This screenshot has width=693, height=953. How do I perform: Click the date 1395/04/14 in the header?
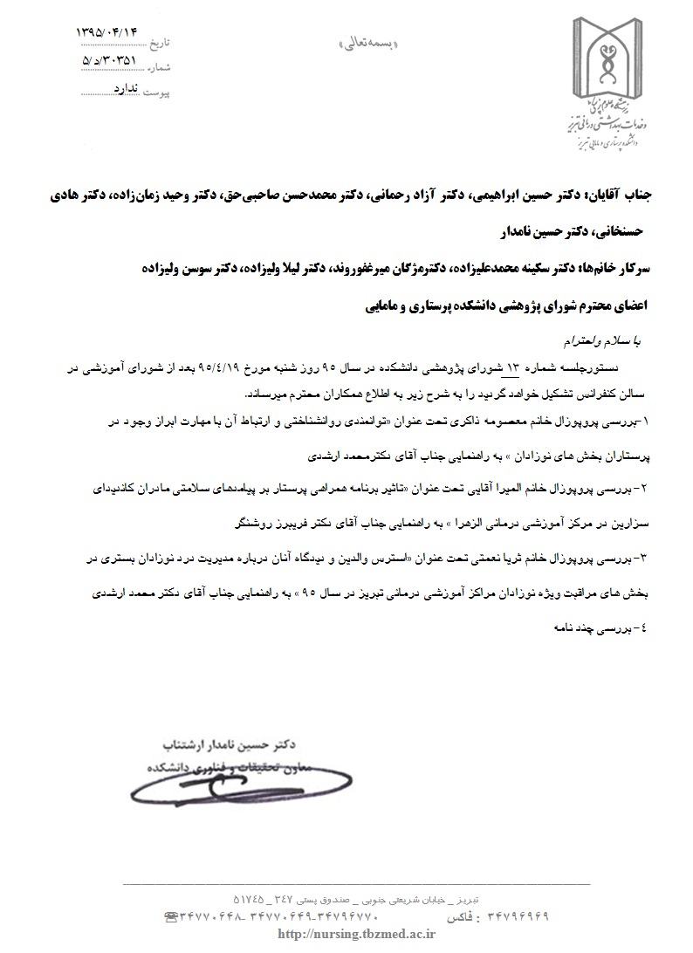(108, 32)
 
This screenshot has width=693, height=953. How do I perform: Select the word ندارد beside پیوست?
(127, 89)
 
